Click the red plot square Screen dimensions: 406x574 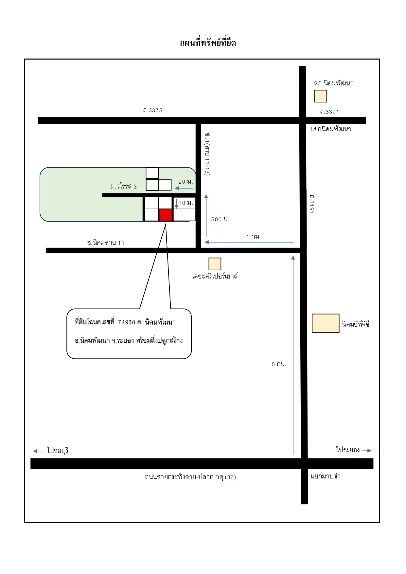tap(166, 215)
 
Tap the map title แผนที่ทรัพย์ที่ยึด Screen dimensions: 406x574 tap(208, 43)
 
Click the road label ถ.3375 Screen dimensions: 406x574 tap(152, 110)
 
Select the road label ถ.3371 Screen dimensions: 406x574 tap(329, 112)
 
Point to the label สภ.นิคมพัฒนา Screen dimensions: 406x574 tap(334, 83)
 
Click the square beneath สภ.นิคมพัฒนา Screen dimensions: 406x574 tap(321, 96)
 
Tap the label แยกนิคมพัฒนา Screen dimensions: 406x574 tap(331, 129)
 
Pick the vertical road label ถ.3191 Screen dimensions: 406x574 tap(311, 204)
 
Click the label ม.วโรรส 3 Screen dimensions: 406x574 tap(124, 187)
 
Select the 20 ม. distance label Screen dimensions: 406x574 tap(185, 182)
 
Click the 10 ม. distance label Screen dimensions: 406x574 tap(186, 203)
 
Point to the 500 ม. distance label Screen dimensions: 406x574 tap(220, 219)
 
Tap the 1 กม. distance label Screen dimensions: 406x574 tap(254, 236)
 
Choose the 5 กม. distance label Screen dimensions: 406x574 tap(279, 364)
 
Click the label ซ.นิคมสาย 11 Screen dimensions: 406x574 tap(106, 242)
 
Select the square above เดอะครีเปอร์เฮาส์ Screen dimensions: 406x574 tap(215, 264)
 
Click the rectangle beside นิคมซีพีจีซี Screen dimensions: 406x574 tap(326, 323)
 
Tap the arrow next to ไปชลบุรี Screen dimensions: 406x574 tap(39, 451)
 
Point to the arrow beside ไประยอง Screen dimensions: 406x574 tap(367, 451)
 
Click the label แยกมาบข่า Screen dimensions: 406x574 tap(326, 476)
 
